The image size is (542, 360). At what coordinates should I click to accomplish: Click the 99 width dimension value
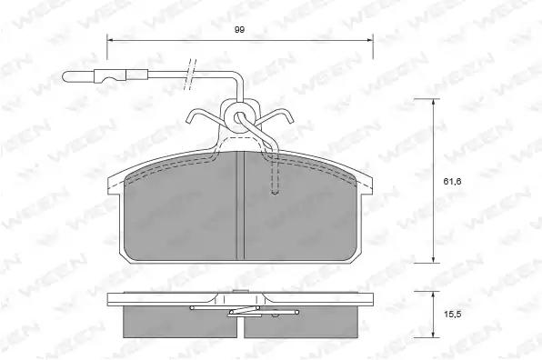[239, 30]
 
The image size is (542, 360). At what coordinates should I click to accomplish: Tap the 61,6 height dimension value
[453, 182]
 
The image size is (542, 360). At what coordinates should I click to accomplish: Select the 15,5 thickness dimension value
[453, 315]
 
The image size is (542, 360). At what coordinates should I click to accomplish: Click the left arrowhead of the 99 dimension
[111, 40]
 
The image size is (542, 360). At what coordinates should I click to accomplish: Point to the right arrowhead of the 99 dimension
[369, 40]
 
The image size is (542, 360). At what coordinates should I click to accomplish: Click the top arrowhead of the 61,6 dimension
[433, 102]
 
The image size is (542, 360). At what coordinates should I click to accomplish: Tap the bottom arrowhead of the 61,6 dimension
[433, 259]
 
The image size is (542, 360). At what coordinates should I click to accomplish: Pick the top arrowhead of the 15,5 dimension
[433, 295]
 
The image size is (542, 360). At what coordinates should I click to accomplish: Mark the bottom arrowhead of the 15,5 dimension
[433, 334]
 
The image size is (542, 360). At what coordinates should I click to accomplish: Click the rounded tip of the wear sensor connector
[65, 76]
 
